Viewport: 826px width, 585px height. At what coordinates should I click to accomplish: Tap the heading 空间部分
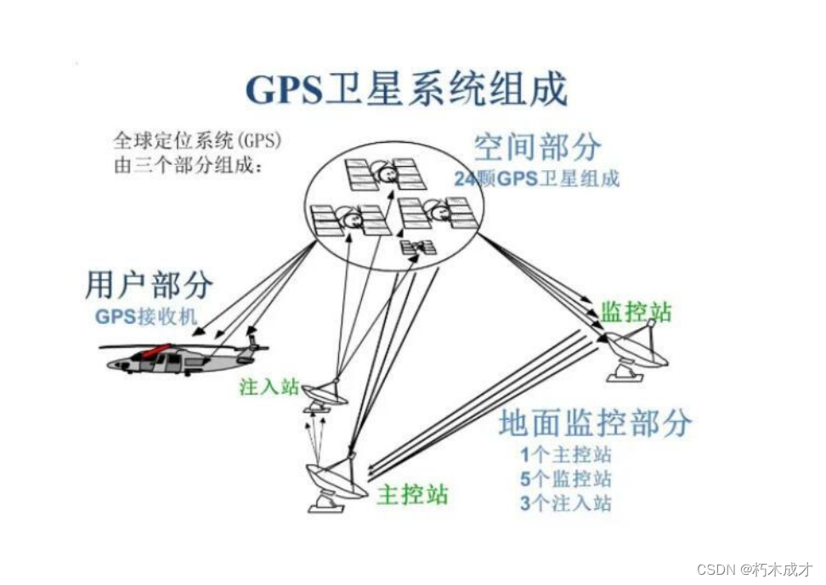coord(537,147)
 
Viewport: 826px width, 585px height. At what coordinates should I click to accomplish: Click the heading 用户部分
coord(149,286)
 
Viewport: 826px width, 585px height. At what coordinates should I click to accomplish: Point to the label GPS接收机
coord(145,317)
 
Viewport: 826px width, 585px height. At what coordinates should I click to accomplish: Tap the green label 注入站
coord(269,387)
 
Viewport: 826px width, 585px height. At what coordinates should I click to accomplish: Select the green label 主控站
coord(412,494)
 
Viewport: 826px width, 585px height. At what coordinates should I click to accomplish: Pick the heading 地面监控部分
coord(595,423)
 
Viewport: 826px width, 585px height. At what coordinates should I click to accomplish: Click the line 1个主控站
coord(566,454)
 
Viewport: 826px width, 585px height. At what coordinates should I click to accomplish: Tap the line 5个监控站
coord(566,478)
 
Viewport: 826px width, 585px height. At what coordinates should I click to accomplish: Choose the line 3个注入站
coord(566,503)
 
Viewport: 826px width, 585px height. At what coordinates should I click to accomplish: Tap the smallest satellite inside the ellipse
coord(418,247)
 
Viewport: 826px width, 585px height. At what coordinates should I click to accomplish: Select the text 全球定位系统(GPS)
coord(197,139)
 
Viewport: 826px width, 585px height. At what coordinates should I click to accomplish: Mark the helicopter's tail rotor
coord(252,336)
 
